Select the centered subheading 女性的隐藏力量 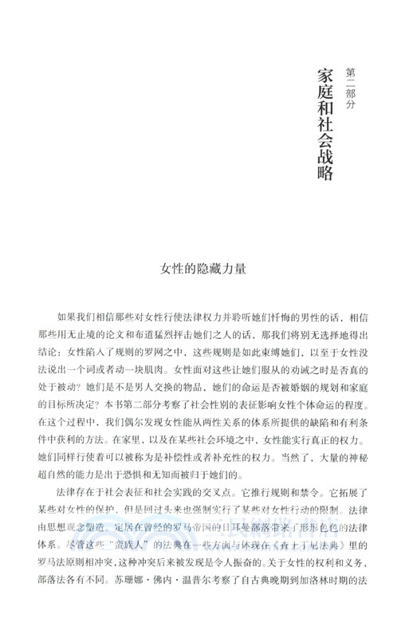tap(206, 268)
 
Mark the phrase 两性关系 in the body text tap(211, 425)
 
